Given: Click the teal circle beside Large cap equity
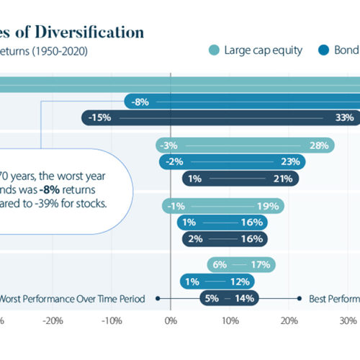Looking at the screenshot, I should [214, 50].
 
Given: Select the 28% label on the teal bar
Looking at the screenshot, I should [318, 145].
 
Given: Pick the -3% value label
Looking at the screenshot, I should [171, 145].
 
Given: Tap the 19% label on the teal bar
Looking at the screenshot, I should [269, 207].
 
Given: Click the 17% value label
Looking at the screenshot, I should [259, 265].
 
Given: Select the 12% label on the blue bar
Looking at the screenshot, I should [239, 282].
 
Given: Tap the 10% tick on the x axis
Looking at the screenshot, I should [229, 322].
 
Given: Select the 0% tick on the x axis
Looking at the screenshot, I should [171, 322].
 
